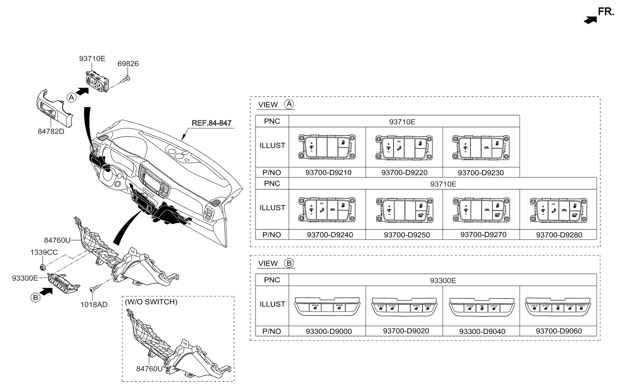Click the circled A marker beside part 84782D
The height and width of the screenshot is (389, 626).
point(71,97)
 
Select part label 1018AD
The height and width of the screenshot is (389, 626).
point(94,304)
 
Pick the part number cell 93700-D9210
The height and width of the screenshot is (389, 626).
point(327,172)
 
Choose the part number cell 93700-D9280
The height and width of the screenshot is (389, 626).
point(558,234)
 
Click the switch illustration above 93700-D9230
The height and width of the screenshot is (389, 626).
point(481,147)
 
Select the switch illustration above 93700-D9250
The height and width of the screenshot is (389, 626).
point(404,208)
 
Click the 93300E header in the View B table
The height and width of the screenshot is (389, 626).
point(442,279)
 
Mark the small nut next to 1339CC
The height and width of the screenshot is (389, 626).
point(43,267)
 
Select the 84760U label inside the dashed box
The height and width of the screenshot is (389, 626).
point(149,368)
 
